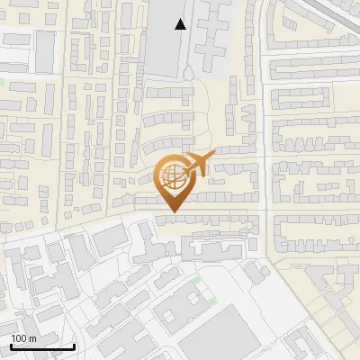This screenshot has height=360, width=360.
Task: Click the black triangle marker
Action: point(182,24)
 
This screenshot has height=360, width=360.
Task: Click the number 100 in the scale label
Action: point(19,337)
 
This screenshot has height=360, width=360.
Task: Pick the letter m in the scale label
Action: point(31,337)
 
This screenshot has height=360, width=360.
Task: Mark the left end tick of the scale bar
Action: point(10,346)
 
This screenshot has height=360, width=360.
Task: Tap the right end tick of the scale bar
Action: point(74,346)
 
